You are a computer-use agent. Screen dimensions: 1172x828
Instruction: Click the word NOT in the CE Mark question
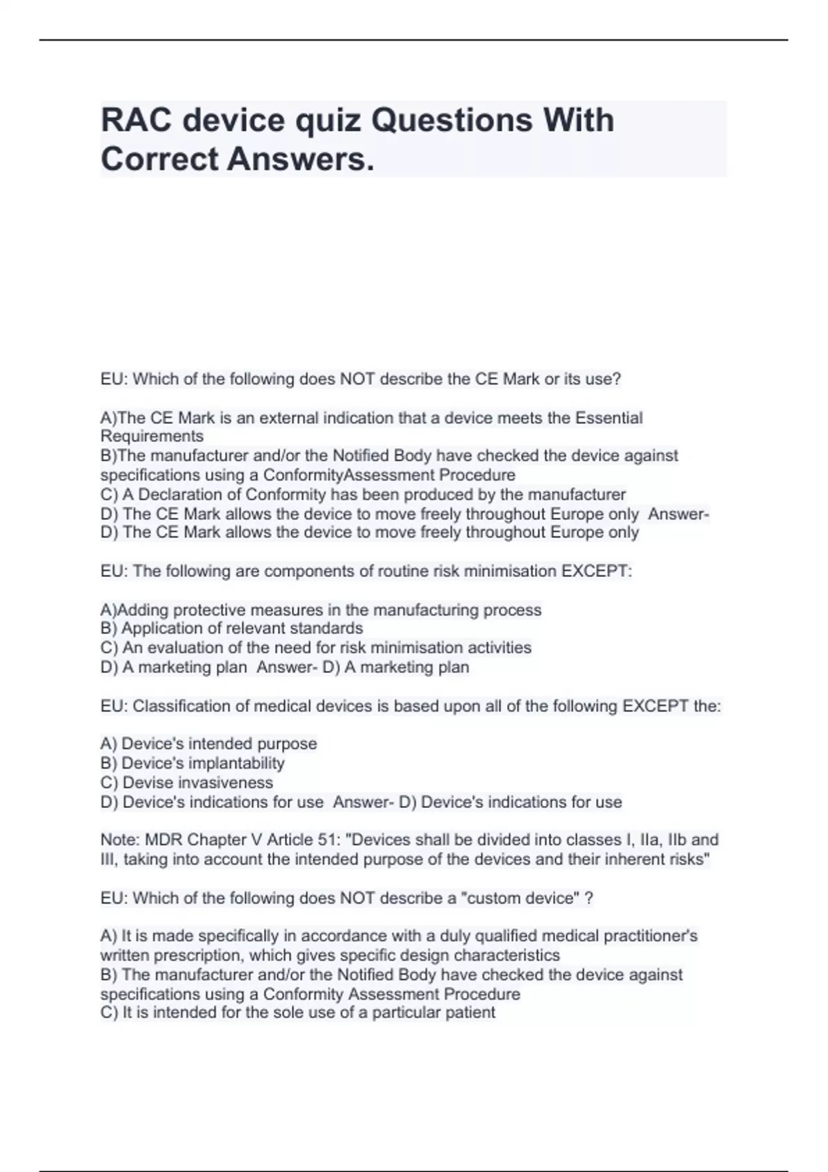coord(357,379)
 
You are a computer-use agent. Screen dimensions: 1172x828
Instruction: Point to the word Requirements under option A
coord(152,436)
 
